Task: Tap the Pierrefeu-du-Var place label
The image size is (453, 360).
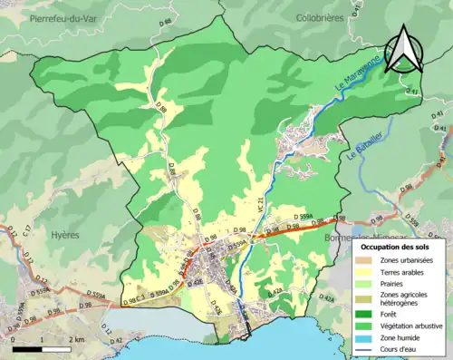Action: [64, 18]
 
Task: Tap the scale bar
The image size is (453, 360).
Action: [42, 348]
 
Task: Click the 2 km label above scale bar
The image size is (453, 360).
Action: [77, 339]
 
